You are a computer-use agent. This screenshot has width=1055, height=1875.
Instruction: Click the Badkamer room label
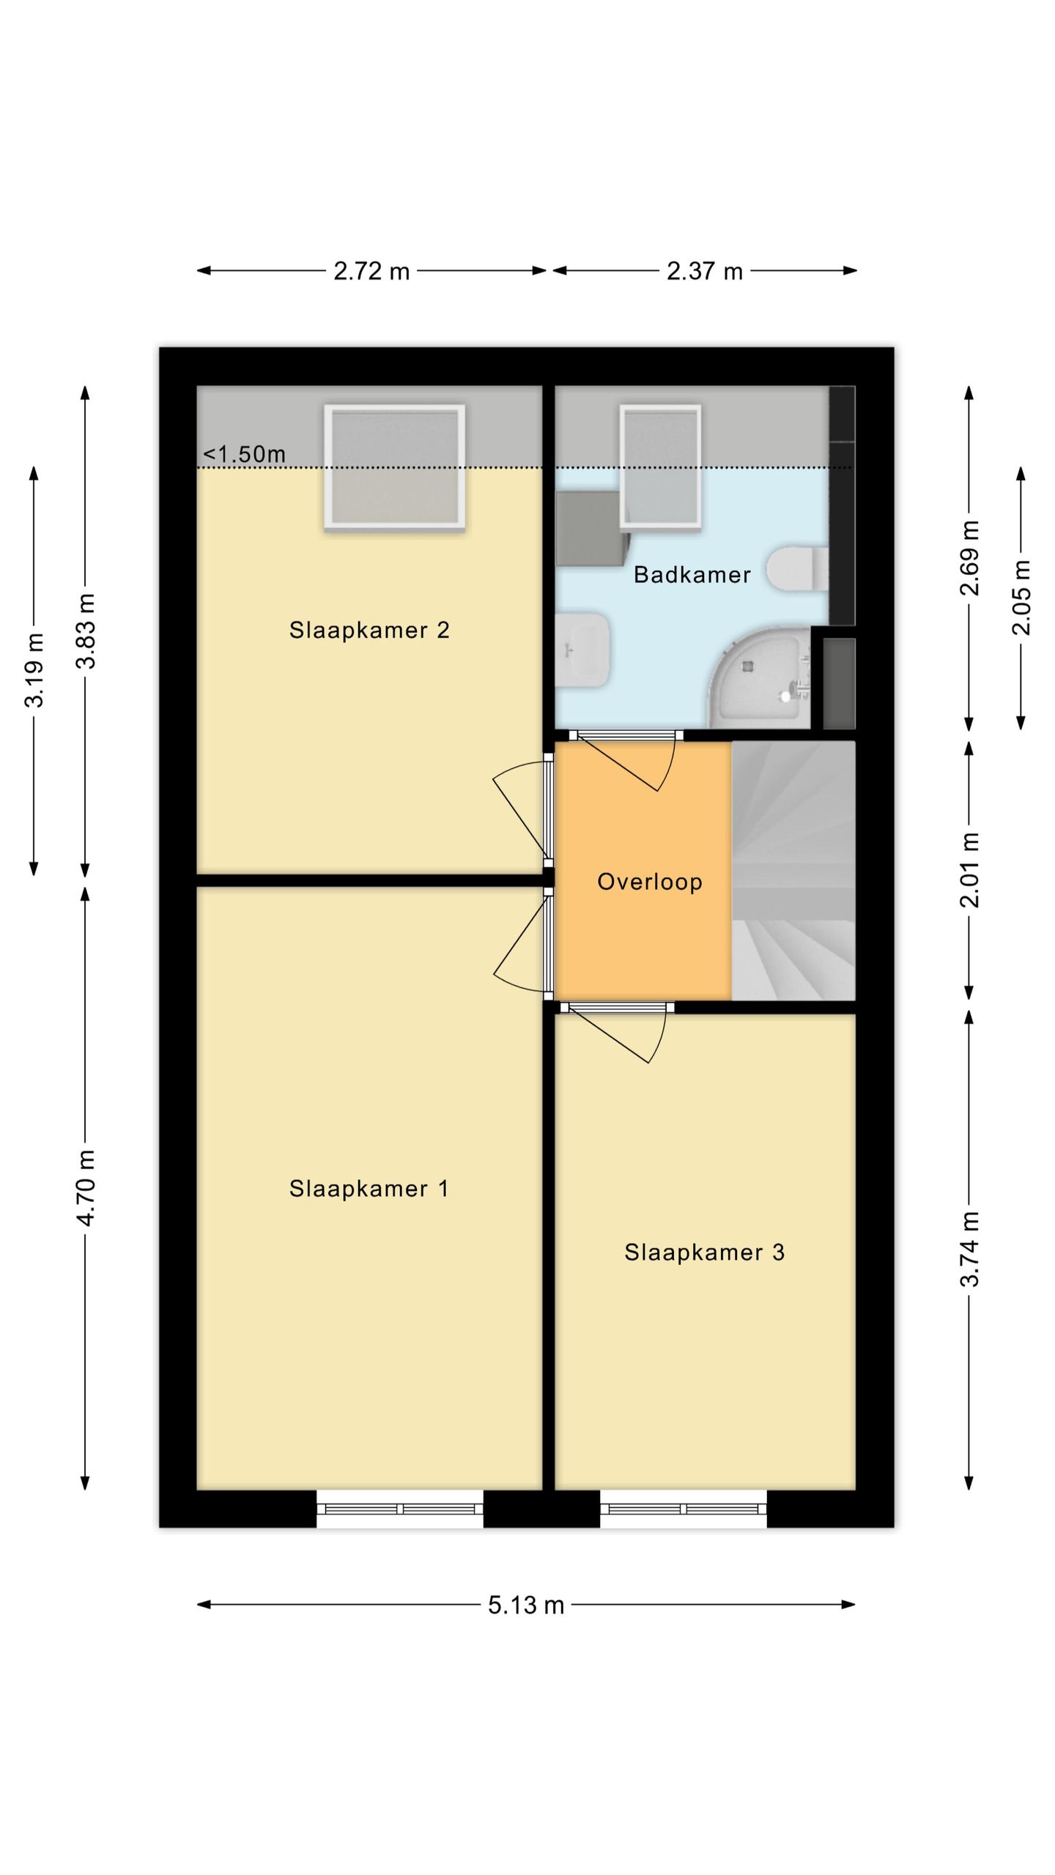(x=692, y=575)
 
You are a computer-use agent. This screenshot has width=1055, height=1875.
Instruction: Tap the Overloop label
(x=650, y=882)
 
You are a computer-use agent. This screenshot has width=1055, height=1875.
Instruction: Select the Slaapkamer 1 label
(x=369, y=1189)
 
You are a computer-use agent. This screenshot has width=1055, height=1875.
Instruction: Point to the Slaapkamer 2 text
(x=369, y=630)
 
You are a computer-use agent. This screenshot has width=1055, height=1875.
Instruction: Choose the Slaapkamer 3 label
(x=705, y=1252)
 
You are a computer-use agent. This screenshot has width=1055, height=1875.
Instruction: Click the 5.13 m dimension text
(x=526, y=1605)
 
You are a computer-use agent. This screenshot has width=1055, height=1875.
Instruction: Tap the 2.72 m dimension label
(x=371, y=272)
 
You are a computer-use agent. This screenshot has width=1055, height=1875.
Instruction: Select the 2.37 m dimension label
(x=705, y=272)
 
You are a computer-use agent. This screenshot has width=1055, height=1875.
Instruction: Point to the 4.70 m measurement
(x=86, y=1187)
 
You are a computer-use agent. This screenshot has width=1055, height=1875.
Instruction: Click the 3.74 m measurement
(x=969, y=1249)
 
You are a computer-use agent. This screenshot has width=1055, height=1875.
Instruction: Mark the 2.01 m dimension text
(x=969, y=870)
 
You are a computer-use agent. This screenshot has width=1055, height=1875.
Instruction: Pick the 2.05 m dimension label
(x=1021, y=598)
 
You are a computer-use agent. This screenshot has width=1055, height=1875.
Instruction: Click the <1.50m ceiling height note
(x=244, y=454)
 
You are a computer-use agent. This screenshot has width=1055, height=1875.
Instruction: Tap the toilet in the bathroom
(x=797, y=568)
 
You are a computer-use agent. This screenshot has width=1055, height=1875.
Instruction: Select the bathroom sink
(x=582, y=650)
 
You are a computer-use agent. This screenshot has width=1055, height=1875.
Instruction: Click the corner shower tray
(x=760, y=677)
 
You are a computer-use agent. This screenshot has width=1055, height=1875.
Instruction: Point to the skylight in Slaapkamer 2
(x=395, y=467)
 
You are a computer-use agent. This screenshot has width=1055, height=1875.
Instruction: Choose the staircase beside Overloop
(x=793, y=870)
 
